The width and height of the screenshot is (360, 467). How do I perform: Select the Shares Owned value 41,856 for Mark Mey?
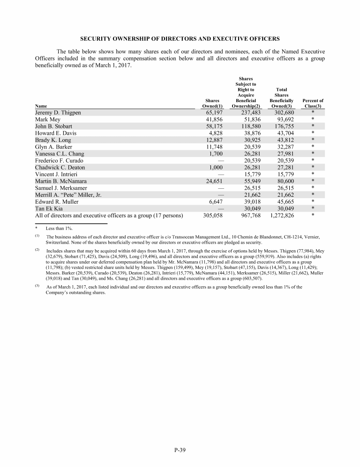click(x=212, y=119)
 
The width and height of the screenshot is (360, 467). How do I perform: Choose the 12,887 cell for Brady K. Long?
click(x=212, y=140)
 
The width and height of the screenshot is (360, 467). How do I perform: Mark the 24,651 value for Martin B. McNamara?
click(x=212, y=181)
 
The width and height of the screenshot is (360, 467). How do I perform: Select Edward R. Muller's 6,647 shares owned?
click(x=213, y=202)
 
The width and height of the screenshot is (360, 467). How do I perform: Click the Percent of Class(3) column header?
click(x=313, y=104)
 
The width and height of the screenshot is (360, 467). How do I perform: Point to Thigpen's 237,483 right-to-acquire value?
click(x=247, y=112)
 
